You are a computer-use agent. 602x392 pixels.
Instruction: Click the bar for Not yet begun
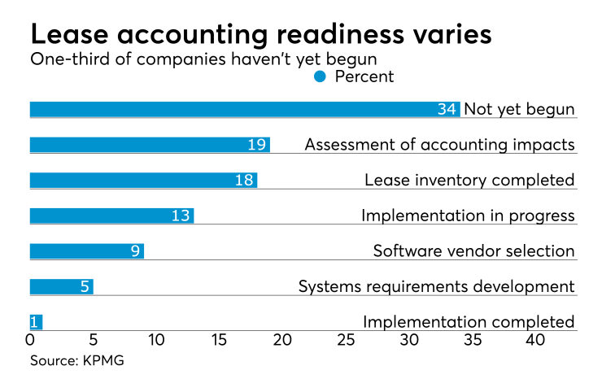coord(244,109)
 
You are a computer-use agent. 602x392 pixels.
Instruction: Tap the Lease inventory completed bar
coord(143,180)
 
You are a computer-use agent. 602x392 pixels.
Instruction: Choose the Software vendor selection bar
coord(86,250)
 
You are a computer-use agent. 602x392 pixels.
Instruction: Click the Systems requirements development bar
coord(61,286)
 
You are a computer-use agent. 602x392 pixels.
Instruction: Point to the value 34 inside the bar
coord(447,109)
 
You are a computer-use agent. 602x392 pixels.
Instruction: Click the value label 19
coord(257,145)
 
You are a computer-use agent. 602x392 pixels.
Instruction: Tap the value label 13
coord(181,216)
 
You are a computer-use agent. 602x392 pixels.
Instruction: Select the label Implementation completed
coord(469,321)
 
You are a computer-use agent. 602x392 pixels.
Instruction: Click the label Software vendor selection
coord(473,250)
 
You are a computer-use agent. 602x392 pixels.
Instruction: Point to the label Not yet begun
coord(519,109)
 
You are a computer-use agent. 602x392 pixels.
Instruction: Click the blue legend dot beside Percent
coord(320,76)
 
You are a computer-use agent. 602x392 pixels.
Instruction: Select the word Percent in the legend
coord(364,76)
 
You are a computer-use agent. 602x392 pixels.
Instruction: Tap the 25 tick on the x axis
coord(345,340)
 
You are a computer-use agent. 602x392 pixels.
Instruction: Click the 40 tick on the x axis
coord(534,340)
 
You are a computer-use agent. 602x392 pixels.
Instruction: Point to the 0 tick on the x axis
coord(30,340)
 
